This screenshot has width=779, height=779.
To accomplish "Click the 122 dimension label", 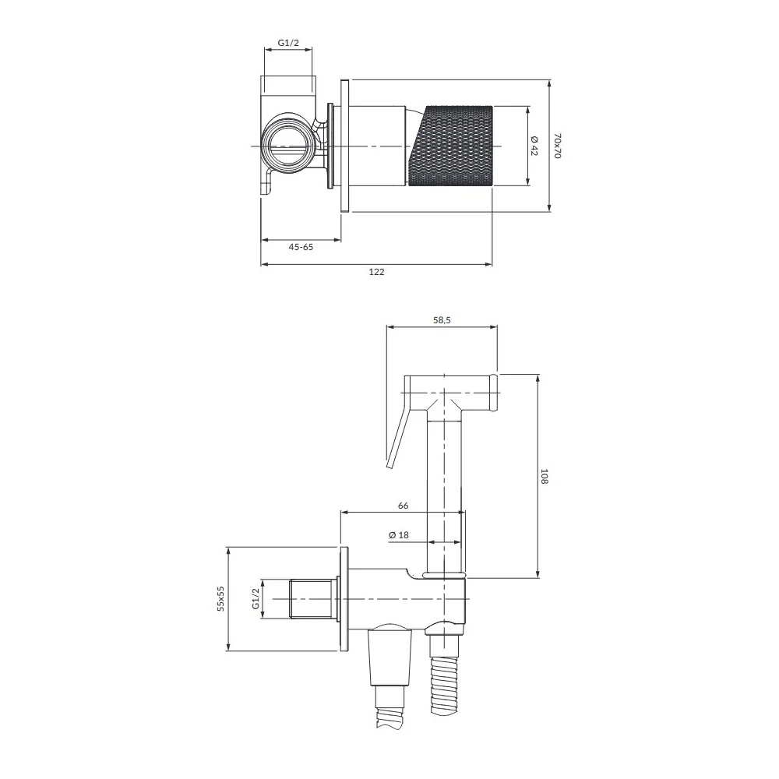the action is (x=376, y=272).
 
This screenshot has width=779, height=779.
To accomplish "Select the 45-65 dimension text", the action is (x=301, y=247).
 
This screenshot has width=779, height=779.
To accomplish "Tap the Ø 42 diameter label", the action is (x=534, y=146).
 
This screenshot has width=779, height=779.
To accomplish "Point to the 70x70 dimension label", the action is (x=558, y=146).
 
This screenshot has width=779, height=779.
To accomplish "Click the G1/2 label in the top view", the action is (x=288, y=43).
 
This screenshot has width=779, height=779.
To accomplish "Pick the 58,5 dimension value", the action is (x=442, y=320).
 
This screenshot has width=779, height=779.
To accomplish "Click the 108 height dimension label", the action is (x=544, y=476).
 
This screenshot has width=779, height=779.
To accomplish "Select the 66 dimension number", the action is (x=403, y=506).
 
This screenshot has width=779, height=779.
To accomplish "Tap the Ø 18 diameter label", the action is (x=399, y=535).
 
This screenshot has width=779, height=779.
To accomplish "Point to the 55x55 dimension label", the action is (x=221, y=598).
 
